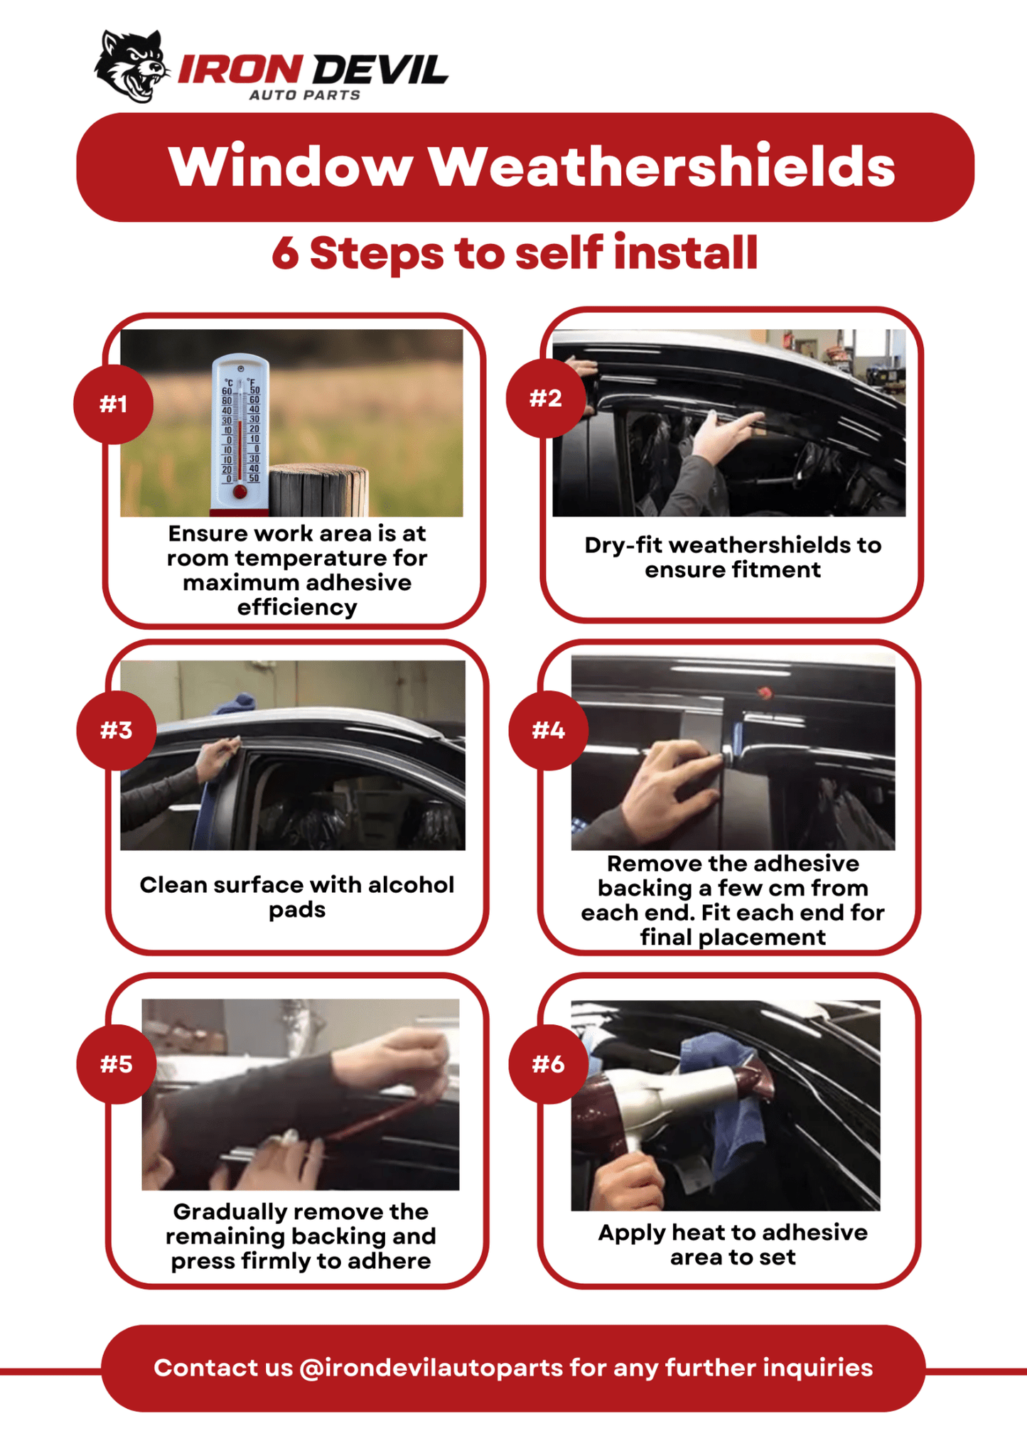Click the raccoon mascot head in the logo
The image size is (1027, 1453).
coord(131,66)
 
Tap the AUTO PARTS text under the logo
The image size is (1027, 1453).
coord(304,95)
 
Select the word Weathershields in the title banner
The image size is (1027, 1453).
coord(661,167)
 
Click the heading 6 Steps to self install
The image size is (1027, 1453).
coord(515,253)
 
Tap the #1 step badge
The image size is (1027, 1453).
coord(114,404)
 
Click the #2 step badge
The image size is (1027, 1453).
coord(545,398)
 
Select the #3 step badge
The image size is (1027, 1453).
coord(116,730)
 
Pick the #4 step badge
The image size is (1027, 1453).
coord(548,730)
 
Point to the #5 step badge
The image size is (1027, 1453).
coord(116,1064)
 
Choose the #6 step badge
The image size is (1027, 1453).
coord(548,1064)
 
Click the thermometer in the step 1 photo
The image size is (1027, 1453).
coord(240,434)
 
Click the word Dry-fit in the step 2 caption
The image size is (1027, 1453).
coord(623,545)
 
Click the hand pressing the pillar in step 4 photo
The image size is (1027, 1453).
coord(668,782)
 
